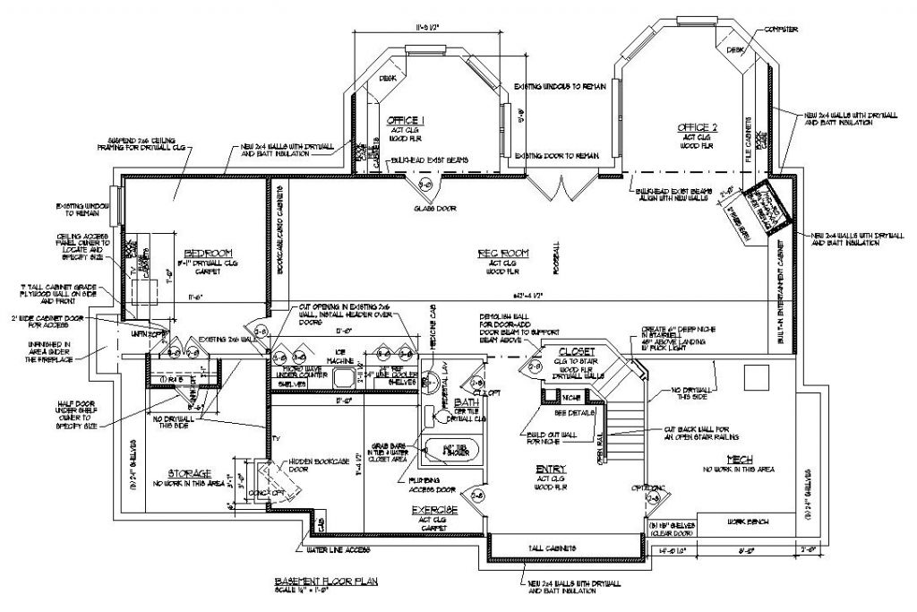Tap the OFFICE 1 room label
pyautogui.click(x=406, y=120)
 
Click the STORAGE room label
pyautogui.click(x=189, y=472)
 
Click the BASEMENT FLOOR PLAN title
pyautogui.click(x=327, y=581)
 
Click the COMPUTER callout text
pyautogui.click(x=780, y=30)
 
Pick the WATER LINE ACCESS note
pyautogui.click(x=336, y=548)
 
